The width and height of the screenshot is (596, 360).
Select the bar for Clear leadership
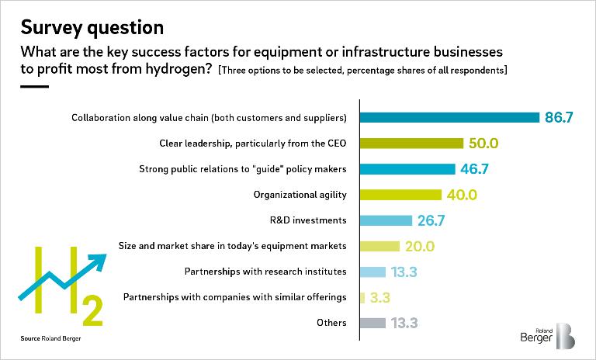(x=411, y=144)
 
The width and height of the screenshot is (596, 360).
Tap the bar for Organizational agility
(x=400, y=195)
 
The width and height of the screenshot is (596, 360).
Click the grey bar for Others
(x=372, y=323)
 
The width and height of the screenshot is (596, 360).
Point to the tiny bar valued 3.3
(x=362, y=297)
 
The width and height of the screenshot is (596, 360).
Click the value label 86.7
(x=560, y=118)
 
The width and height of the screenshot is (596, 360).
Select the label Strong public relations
(x=242, y=169)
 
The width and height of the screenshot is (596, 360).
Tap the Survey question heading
(x=92, y=28)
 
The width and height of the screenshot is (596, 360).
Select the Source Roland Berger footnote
(x=50, y=340)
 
